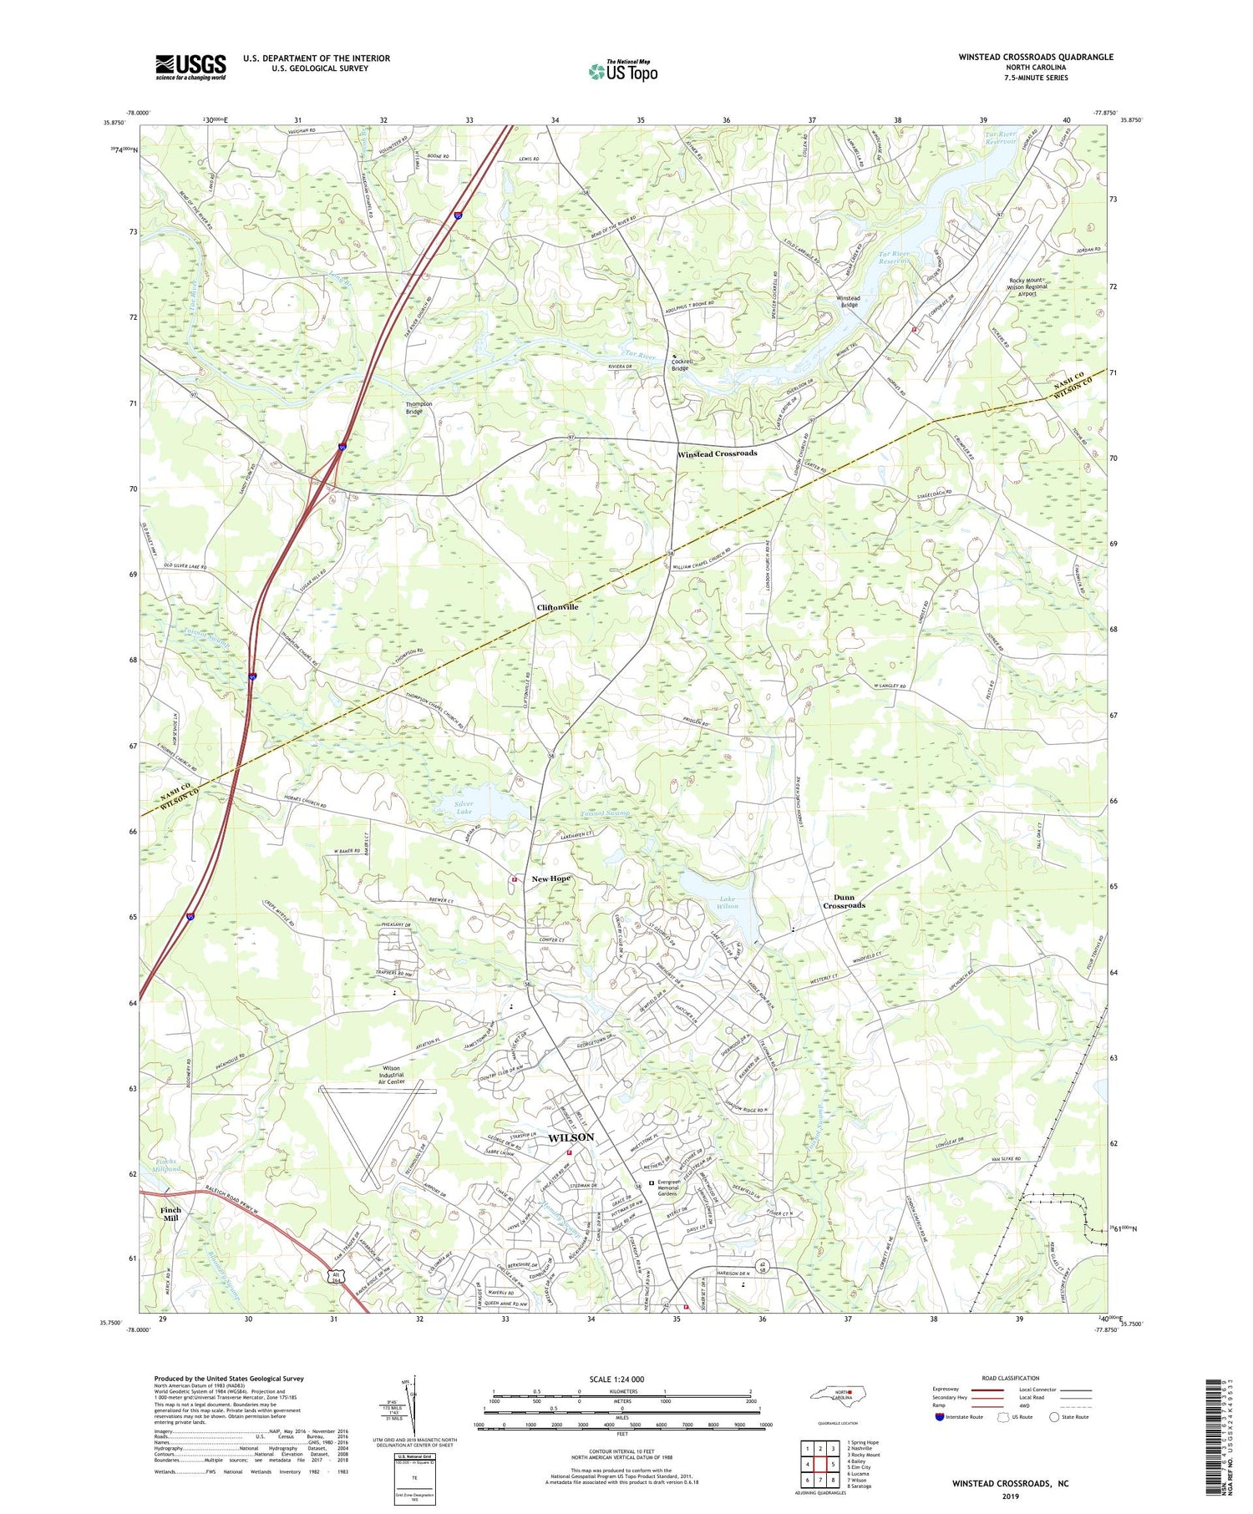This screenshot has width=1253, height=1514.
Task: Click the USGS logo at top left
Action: point(190,67)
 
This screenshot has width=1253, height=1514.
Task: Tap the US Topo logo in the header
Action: point(622,72)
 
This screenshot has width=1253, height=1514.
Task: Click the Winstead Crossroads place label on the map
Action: point(717,453)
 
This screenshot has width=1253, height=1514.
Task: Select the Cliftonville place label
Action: point(557,607)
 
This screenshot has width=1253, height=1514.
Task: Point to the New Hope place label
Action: point(550,879)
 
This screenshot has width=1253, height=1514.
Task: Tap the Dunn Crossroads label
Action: point(844,901)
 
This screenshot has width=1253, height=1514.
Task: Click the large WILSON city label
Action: point(571,1137)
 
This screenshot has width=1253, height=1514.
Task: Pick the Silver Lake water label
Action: point(464,808)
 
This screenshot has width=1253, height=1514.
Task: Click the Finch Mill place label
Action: point(170,1214)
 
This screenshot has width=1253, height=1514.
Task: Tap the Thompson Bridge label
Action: point(419,408)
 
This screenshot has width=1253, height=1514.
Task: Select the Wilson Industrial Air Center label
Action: point(390,1075)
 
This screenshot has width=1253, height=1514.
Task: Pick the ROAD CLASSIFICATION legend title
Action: point(1011,1378)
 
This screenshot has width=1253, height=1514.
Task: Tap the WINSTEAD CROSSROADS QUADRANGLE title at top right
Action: point(1036,57)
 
